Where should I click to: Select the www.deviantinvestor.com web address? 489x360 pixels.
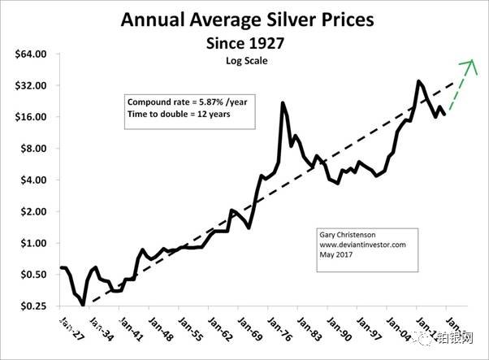362,243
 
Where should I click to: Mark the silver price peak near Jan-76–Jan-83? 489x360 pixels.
282,102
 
